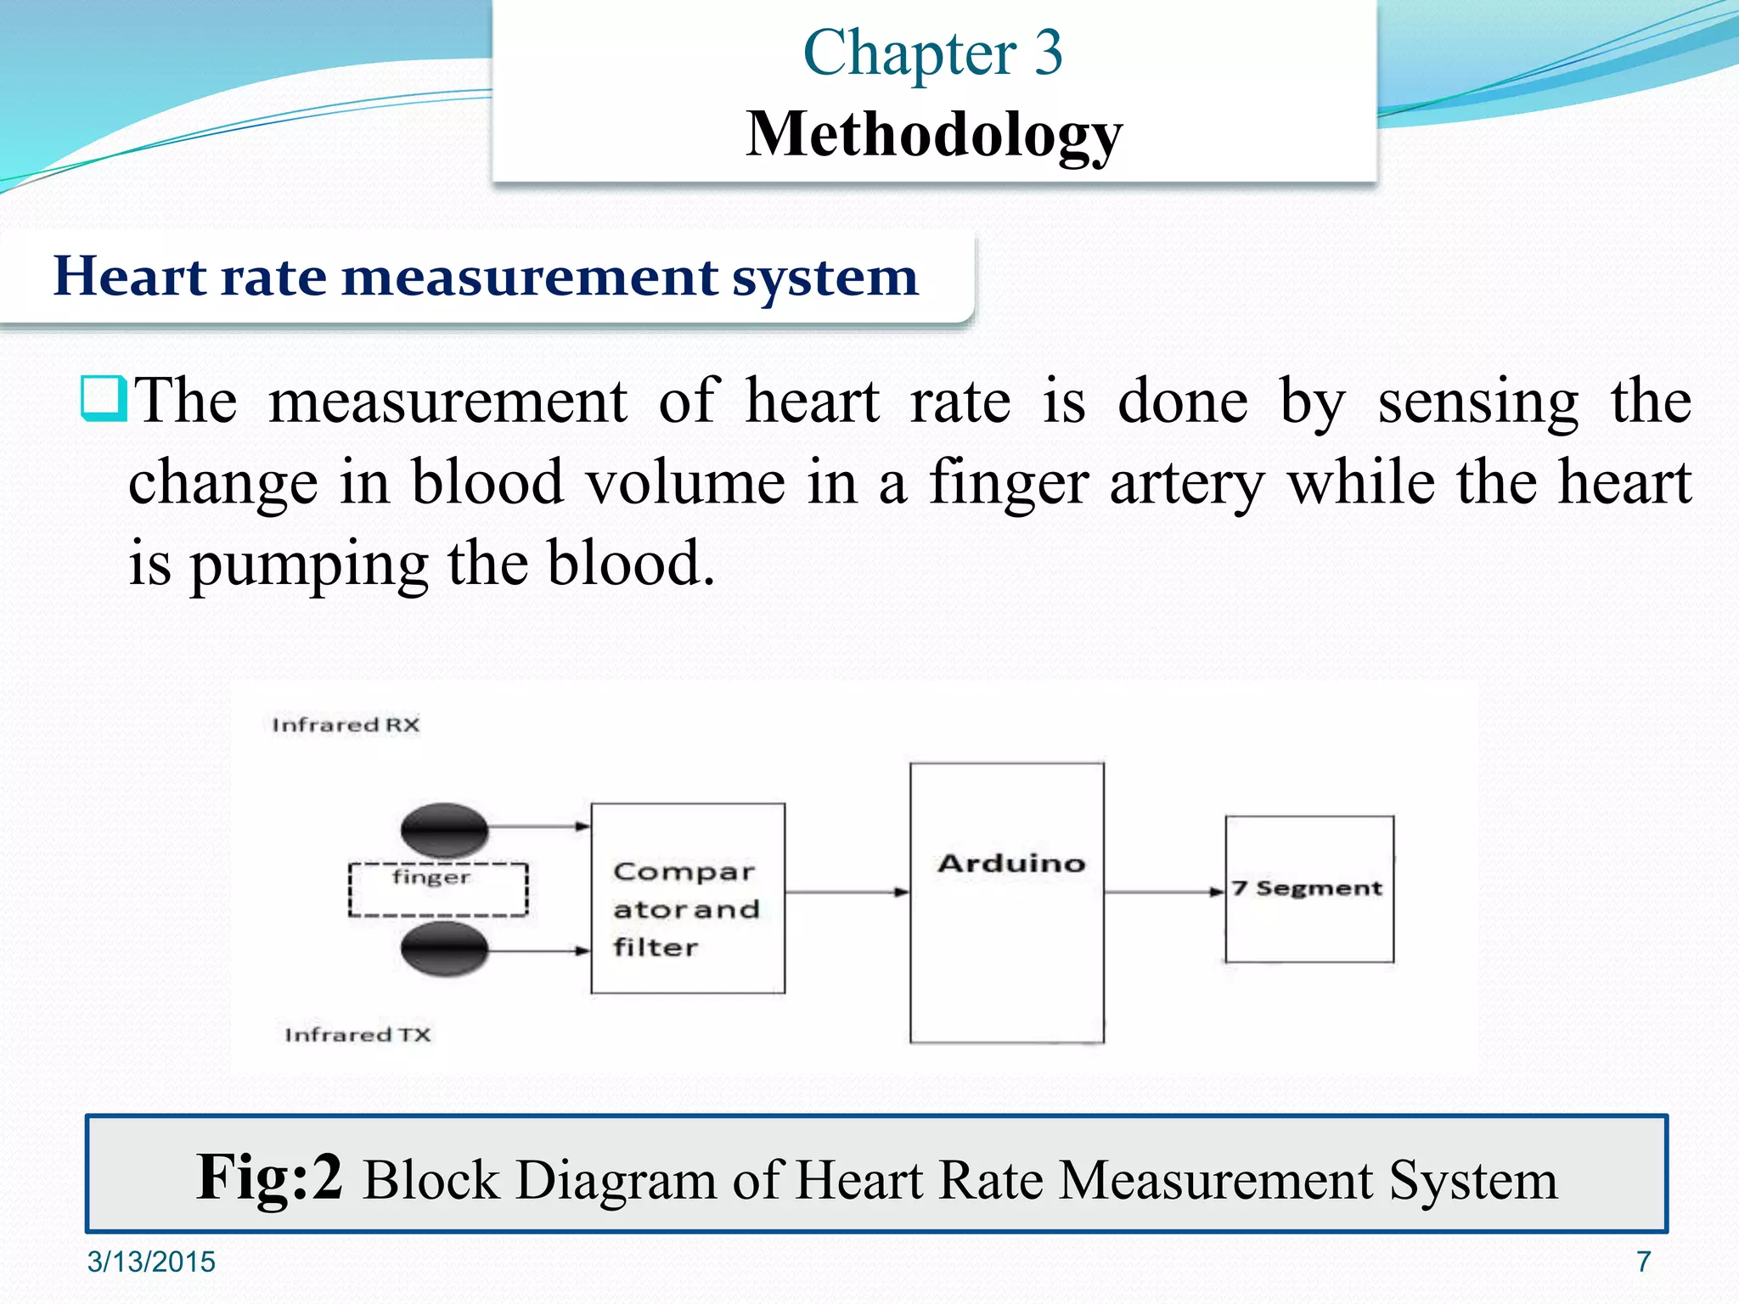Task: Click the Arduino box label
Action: click(x=1011, y=863)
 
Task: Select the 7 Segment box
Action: click(x=1309, y=889)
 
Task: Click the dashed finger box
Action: click(x=438, y=889)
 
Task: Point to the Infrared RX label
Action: click(x=346, y=725)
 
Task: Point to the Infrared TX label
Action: click(x=357, y=1035)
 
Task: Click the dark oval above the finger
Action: click(x=444, y=829)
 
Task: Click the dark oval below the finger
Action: click(x=444, y=949)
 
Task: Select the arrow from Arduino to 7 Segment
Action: click(x=1164, y=892)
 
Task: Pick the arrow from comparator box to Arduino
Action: click(x=847, y=892)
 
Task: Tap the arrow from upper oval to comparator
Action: click(x=540, y=826)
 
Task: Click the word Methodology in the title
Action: click(x=934, y=134)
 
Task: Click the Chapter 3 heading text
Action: click(x=932, y=53)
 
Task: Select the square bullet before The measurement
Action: click(x=104, y=398)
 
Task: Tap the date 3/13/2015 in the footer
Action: click(x=151, y=1262)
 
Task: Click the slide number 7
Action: click(x=1643, y=1262)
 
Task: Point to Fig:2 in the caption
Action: click(x=269, y=1178)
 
